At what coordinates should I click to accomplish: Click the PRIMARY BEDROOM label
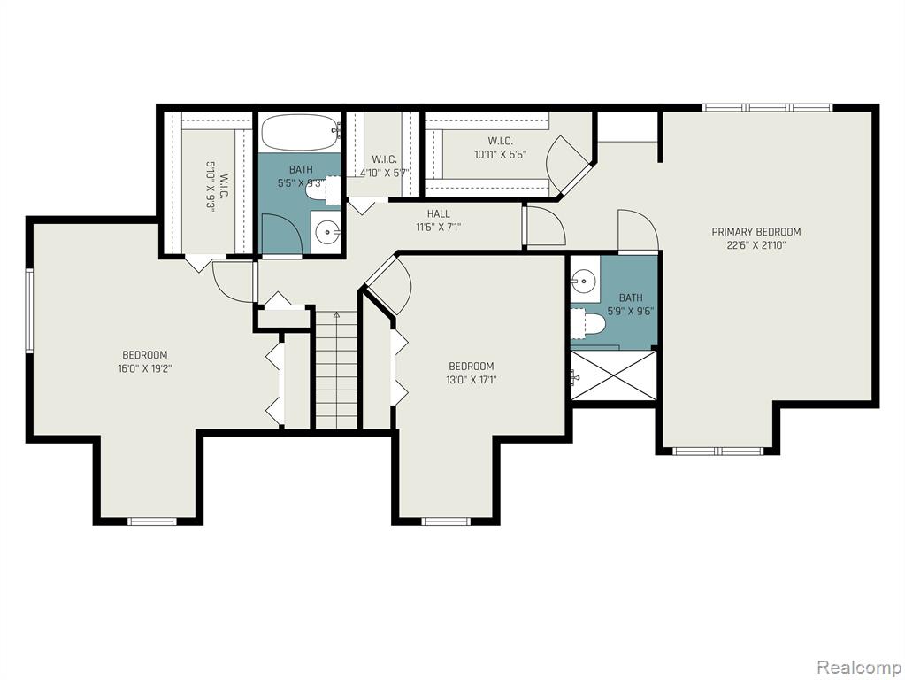coord(756,232)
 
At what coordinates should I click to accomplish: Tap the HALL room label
coord(438,213)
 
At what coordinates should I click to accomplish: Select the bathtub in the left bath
coord(298,132)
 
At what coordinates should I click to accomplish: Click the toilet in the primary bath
coord(587,322)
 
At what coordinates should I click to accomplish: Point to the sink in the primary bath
coord(585,282)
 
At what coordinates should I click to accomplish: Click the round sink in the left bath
coord(328,233)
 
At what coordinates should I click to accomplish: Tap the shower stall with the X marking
coord(614,375)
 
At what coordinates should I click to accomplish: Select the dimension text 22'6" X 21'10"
coord(756,245)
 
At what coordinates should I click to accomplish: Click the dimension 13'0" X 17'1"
coord(472,380)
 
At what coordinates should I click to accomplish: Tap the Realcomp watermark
coord(858,668)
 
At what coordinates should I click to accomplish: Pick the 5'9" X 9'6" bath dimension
coord(630,311)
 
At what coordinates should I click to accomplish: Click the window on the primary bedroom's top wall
coord(768,107)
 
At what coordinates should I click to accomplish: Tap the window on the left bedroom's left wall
coord(29,310)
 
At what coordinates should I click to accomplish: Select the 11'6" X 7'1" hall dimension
coord(438,227)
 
